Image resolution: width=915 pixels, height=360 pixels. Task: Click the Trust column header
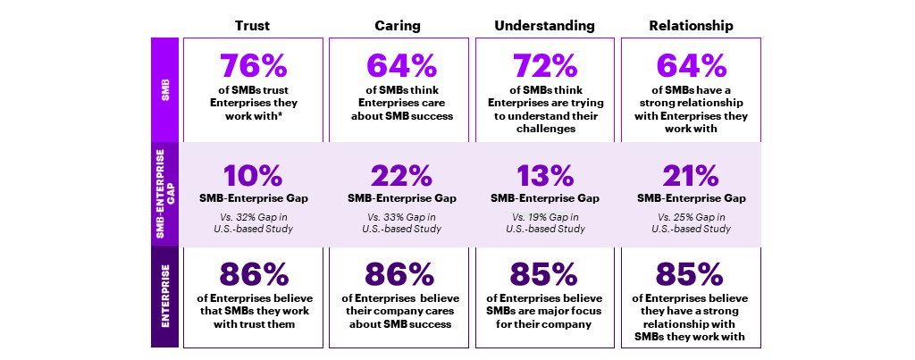(253, 26)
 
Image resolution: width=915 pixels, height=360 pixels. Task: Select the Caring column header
(399, 26)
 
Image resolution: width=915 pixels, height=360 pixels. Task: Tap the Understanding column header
(544, 26)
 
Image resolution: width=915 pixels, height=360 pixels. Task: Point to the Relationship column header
(690, 26)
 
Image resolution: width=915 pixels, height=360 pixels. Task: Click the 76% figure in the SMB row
(253, 67)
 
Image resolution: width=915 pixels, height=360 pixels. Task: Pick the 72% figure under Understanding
(544, 67)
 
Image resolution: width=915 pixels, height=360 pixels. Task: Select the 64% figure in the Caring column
(399, 67)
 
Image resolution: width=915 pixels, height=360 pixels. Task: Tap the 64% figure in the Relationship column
(690, 67)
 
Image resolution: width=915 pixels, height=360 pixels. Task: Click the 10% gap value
(253, 173)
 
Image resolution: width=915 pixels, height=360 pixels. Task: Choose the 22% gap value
(399, 173)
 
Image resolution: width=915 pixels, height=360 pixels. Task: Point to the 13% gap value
(544, 173)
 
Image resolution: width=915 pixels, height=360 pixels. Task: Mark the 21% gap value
(690, 173)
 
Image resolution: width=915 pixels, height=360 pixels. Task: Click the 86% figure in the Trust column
(253, 274)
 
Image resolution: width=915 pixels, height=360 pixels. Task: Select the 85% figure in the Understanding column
(544, 274)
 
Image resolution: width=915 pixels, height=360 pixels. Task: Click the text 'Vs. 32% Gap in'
(253, 217)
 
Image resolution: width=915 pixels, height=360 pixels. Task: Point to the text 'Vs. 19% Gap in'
(544, 217)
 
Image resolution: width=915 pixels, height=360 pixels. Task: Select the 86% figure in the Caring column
(399, 274)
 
